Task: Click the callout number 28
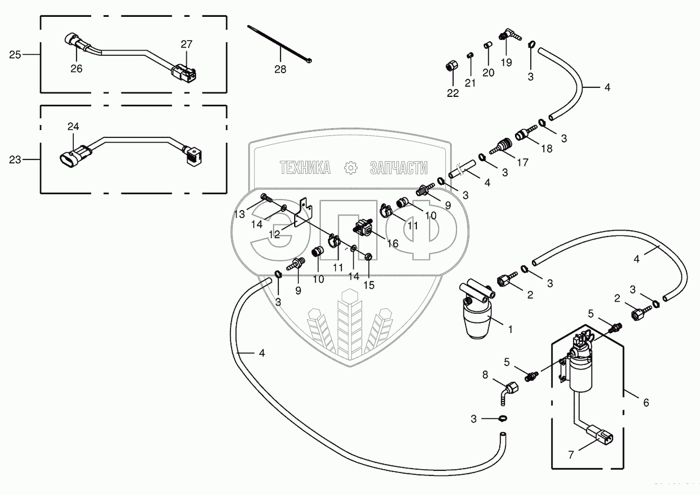(x=280, y=68)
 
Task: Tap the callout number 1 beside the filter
(x=510, y=330)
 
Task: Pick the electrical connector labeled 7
(x=600, y=435)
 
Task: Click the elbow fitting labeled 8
(x=509, y=391)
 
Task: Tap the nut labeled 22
(x=452, y=67)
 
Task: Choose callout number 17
(x=522, y=162)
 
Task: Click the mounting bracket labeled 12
(x=303, y=212)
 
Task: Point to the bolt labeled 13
(x=267, y=199)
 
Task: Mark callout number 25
(x=15, y=54)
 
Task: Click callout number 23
(x=15, y=159)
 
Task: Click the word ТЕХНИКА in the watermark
(x=305, y=167)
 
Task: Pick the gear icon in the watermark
(x=350, y=167)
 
